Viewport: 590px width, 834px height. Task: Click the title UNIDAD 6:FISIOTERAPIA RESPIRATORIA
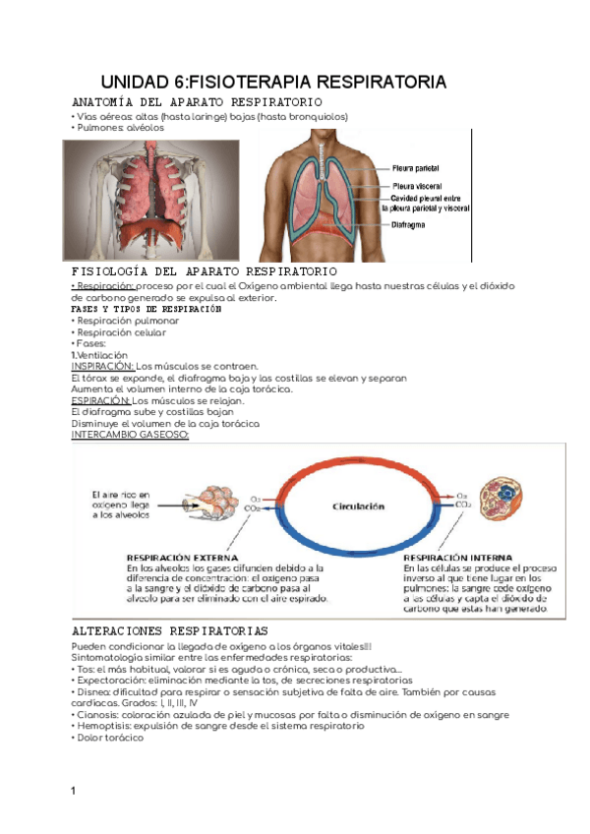pyautogui.click(x=274, y=81)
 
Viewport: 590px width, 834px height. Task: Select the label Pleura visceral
pyautogui.click(x=417, y=185)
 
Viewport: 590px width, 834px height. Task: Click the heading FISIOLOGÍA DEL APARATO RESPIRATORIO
pyautogui.click(x=205, y=271)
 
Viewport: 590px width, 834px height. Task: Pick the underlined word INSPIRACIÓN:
pyautogui.click(x=101, y=366)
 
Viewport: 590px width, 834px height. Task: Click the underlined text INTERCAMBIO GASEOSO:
pyautogui.click(x=131, y=436)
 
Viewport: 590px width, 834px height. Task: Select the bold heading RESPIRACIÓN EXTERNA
pyautogui.click(x=178, y=557)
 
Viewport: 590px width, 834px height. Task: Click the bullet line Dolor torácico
pyautogui.click(x=109, y=738)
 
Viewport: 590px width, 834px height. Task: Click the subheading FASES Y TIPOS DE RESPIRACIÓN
pyautogui.click(x=147, y=309)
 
